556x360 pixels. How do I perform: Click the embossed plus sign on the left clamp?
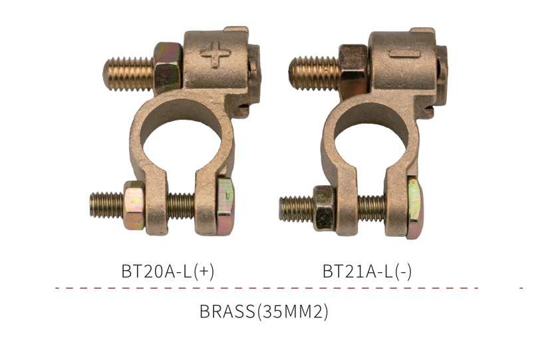click(x=215, y=55)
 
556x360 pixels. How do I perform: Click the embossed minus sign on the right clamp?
click(x=404, y=55)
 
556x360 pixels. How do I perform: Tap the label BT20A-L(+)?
click(x=168, y=271)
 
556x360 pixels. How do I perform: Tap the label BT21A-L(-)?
click(x=367, y=271)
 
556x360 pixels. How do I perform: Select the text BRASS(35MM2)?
click(x=264, y=311)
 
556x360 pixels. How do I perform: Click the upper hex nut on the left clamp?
click(x=168, y=68)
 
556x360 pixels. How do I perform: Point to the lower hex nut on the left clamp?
click(x=134, y=205)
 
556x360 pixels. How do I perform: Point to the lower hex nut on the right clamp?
click(x=325, y=208)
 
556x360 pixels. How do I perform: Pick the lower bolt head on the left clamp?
click(x=225, y=205)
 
